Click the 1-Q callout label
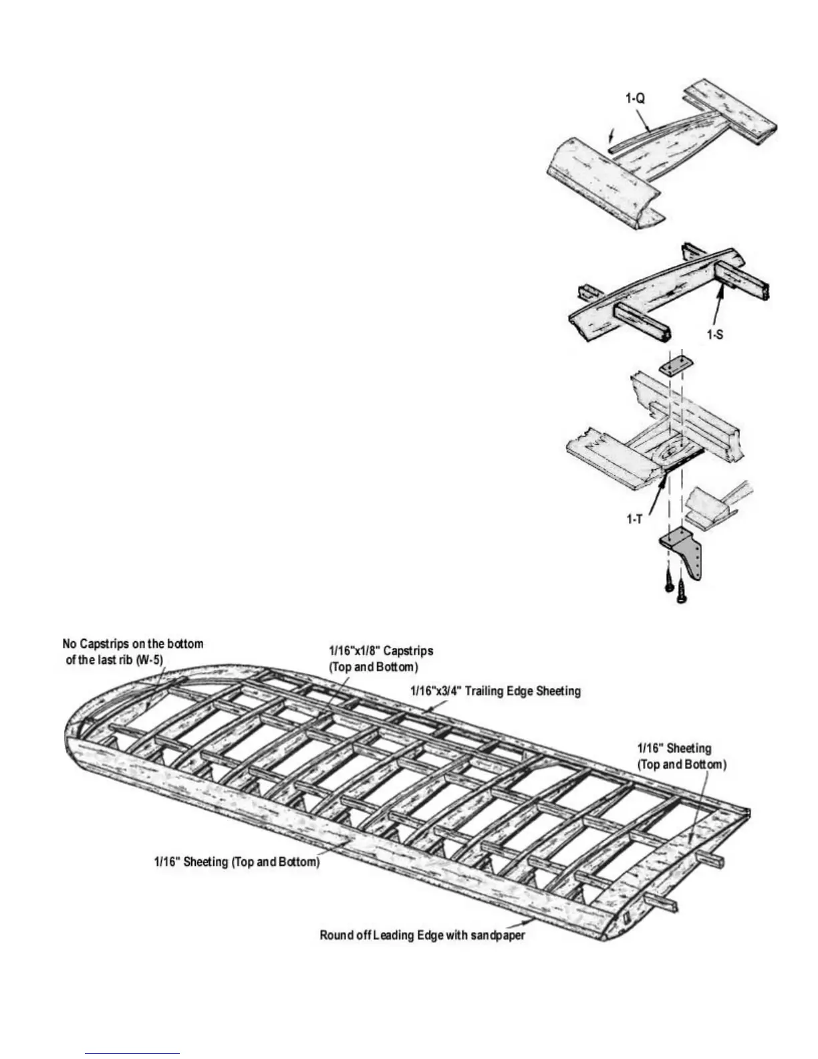pos(636,99)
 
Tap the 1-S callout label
pos(715,334)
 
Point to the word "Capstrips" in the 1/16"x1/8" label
pos(408,650)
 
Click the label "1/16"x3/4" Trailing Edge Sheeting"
pos(495,691)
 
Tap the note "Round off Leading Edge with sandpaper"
pos(422,935)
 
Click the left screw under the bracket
pos(667,580)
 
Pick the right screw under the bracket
pos(681,591)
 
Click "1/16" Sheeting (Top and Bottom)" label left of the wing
pos(237,862)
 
